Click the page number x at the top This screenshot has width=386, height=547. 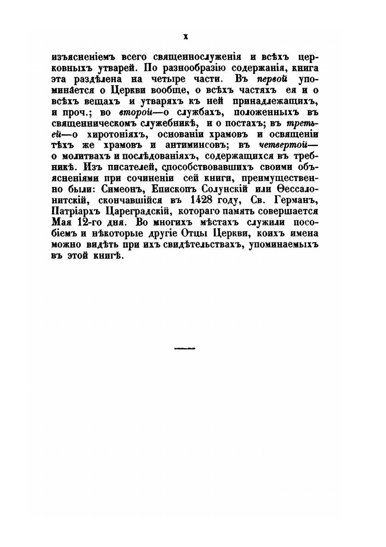click(x=186, y=36)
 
